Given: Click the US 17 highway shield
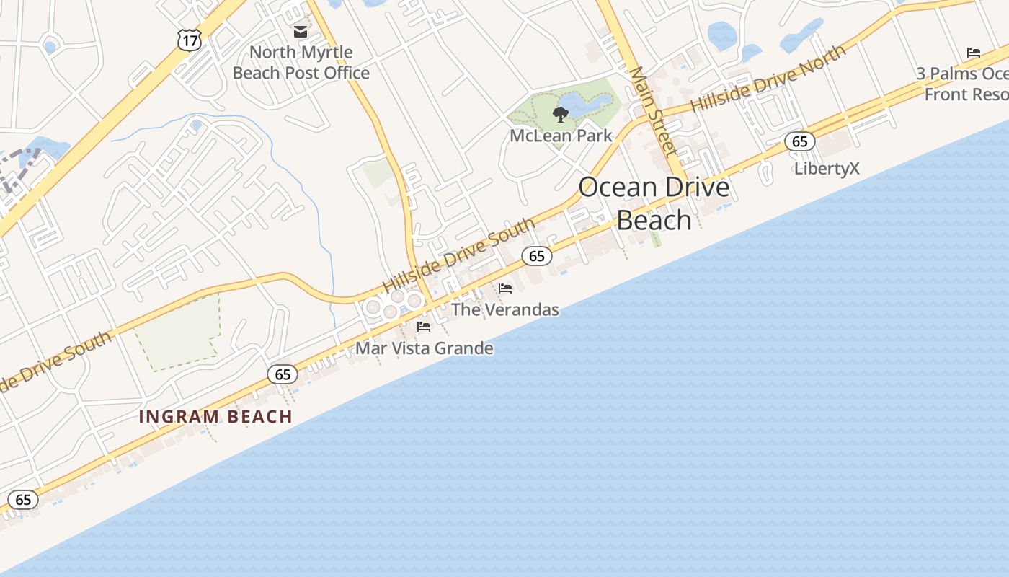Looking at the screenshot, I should click(189, 41).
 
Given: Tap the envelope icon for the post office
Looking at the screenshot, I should click(300, 32).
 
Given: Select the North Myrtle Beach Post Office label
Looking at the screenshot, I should click(301, 63).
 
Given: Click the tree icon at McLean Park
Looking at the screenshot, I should click(560, 114).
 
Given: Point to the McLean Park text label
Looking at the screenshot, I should click(561, 136).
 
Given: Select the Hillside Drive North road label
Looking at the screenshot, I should click(768, 79).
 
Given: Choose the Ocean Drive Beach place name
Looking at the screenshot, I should click(654, 203).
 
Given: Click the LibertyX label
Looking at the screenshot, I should click(827, 169).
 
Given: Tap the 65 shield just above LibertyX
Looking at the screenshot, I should click(800, 141).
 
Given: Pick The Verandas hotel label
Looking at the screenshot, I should click(504, 310).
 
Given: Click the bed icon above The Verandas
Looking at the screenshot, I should click(505, 288).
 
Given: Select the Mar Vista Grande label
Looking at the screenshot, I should click(425, 348).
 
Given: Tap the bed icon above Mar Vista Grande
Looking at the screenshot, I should click(424, 327).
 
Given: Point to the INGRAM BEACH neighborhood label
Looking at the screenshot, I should click(215, 417).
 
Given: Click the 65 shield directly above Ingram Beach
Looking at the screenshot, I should click(283, 374).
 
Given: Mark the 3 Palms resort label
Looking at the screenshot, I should click(962, 84).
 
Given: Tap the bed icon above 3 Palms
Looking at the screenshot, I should click(973, 53).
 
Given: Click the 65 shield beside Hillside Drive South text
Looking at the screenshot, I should click(536, 256).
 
